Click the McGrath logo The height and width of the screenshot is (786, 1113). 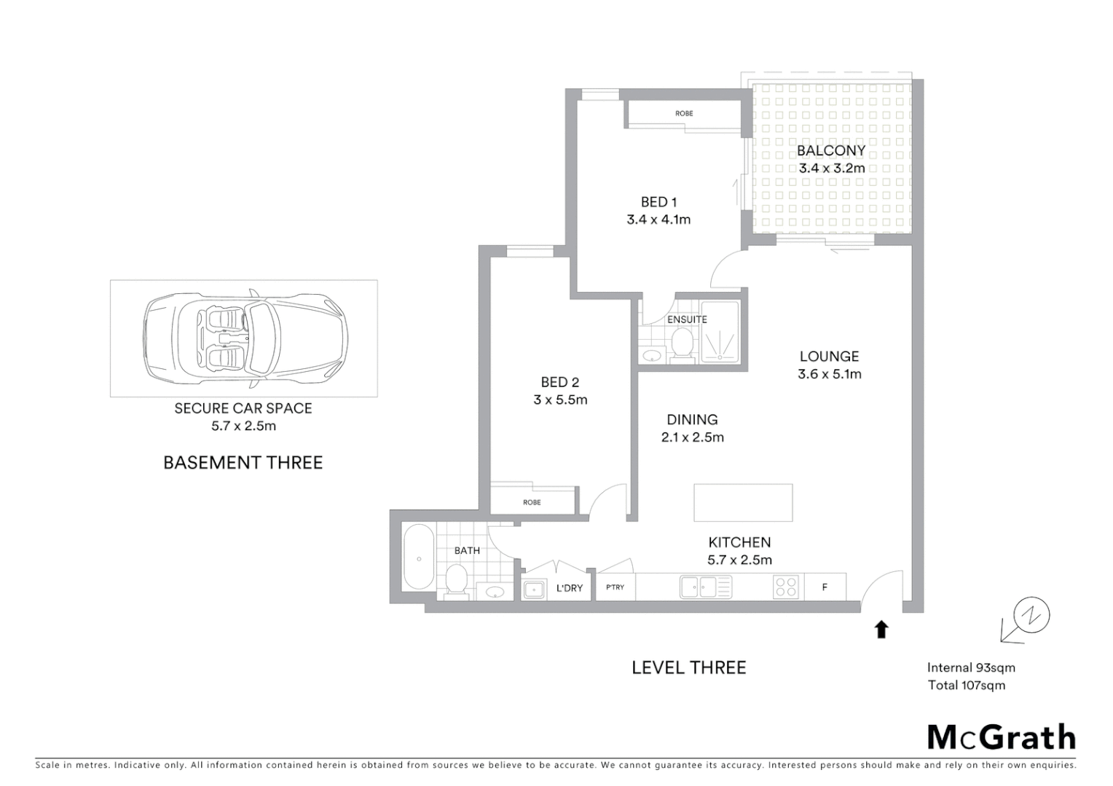tap(1001, 737)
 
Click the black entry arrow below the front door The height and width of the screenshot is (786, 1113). tap(881, 629)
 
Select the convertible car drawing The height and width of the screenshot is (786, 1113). tap(245, 338)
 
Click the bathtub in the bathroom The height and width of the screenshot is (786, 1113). tap(419, 557)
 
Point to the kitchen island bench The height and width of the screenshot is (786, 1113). tap(743, 503)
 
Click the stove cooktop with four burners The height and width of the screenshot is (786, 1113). tap(786, 587)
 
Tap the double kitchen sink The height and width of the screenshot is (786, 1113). tap(706, 587)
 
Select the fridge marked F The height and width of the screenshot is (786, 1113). tap(825, 587)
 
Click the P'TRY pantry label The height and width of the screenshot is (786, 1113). tap(616, 587)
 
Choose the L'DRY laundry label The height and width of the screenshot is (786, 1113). tap(570, 588)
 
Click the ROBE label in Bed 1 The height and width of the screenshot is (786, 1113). tap(684, 114)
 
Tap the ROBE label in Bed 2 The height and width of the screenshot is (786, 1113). tap(532, 502)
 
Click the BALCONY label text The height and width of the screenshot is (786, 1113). tap(831, 151)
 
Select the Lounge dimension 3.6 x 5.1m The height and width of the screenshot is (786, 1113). tap(830, 374)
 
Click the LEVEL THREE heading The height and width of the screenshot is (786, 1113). tap(688, 667)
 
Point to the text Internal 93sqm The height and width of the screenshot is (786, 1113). tap(971, 667)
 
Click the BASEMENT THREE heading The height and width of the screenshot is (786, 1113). tap(243, 463)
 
